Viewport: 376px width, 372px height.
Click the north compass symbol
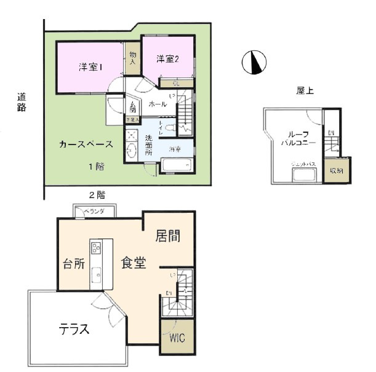click(x=254, y=62)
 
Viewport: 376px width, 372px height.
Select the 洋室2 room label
click(x=167, y=59)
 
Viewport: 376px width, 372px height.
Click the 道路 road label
click(x=22, y=102)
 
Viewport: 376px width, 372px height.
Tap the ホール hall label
click(x=158, y=104)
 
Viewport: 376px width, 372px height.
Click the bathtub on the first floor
click(x=177, y=165)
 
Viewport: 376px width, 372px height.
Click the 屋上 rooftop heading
click(x=305, y=90)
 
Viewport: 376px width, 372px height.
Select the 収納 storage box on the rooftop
click(x=337, y=170)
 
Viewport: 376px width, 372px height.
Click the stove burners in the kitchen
click(x=97, y=248)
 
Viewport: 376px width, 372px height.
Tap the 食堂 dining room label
click(x=133, y=263)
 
